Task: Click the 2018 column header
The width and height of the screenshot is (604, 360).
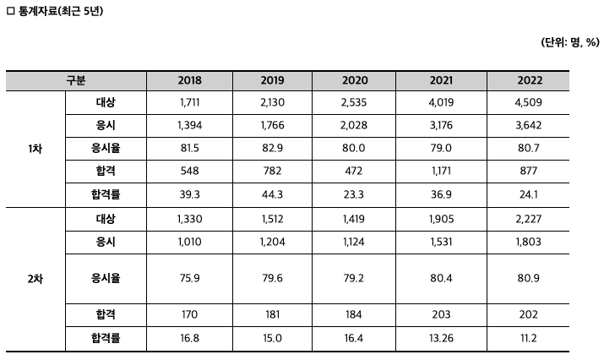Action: (189, 80)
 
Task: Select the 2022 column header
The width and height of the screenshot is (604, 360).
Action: (530, 80)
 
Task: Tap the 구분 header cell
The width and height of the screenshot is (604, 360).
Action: (76, 80)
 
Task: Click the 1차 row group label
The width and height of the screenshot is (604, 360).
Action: (35, 149)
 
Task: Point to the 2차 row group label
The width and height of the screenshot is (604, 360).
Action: (35, 279)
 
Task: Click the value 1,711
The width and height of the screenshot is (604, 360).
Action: (189, 102)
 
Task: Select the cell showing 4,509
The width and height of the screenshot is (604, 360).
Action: (528, 102)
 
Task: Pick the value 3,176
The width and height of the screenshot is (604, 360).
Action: (441, 125)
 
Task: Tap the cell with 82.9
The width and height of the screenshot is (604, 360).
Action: (272, 148)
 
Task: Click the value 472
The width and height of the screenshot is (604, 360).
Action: (354, 171)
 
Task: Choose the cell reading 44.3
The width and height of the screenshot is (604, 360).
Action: (272, 194)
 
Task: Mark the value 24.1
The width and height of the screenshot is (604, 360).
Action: (528, 194)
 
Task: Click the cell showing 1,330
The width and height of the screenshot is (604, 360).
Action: (189, 219)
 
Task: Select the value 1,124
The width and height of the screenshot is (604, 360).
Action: (354, 242)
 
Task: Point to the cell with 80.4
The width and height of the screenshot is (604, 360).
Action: (441, 278)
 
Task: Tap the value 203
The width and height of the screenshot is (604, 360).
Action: (441, 314)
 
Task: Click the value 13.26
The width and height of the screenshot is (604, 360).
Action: (441, 338)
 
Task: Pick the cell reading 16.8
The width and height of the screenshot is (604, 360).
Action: (189, 338)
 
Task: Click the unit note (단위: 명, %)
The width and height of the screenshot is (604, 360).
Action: (570, 42)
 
